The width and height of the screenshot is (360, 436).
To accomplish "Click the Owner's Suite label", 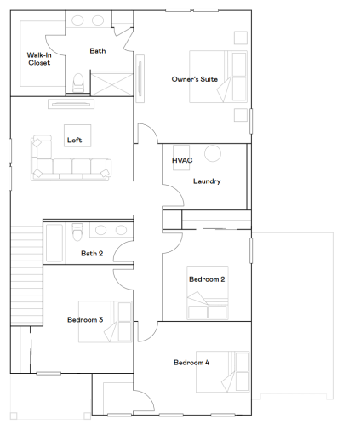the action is point(195,79).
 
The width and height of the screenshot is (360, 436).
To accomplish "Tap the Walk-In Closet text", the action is point(39,59).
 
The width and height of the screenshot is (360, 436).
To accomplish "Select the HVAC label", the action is point(182,160).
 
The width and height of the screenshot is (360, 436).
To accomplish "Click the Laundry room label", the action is point(207,181).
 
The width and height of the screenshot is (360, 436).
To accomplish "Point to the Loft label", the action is point(74,140).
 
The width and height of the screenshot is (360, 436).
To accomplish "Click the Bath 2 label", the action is point(92,253).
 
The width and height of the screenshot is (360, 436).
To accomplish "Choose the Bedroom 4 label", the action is point(191,363).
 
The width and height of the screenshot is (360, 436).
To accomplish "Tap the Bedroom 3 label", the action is point(85,320).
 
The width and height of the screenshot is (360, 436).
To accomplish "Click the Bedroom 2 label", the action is point(207,279).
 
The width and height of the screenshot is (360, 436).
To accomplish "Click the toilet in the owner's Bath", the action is point(78,83).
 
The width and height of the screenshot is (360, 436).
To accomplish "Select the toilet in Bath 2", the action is point(77,232).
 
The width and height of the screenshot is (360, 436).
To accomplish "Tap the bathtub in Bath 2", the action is point(54,243).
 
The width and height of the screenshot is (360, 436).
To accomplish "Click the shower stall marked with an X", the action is point(111,83).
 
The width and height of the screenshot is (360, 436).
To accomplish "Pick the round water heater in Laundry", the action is point(213,153).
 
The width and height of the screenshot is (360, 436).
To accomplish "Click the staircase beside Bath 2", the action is point(26,275).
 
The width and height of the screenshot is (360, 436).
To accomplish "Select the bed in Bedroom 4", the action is point(223,372).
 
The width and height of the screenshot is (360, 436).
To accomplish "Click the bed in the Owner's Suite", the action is point(218,77).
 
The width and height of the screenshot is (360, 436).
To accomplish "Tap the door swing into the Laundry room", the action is point(174,195).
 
